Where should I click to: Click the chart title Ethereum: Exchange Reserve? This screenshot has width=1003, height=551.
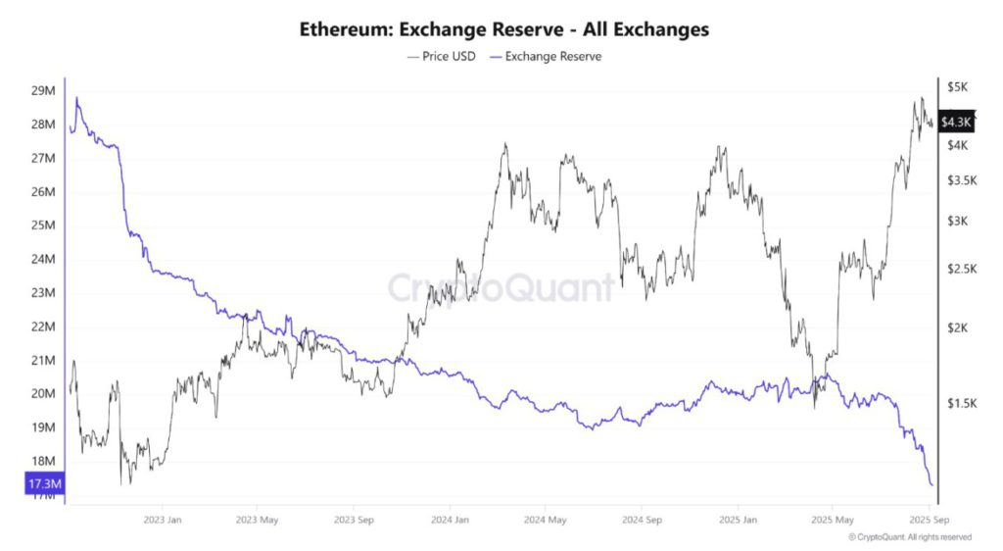point(503,29)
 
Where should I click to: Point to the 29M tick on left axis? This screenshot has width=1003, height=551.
point(43,91)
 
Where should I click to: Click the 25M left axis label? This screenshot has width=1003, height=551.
point(43,226)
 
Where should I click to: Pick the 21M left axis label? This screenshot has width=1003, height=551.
point(43,361)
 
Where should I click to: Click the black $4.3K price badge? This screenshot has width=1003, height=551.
point(955,122)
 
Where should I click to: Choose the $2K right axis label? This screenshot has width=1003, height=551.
point(956,327)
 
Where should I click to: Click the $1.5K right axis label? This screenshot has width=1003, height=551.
point(960,403)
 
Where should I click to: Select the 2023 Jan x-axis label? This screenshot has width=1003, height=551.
point(162,520)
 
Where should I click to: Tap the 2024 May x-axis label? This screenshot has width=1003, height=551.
point(545,520)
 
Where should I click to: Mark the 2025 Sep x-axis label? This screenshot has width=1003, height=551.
point(927,520)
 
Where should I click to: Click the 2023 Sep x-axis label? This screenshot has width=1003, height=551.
point(353,520)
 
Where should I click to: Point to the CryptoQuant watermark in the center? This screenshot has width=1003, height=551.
point(501,287)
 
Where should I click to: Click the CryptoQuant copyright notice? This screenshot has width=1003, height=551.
point(910,537)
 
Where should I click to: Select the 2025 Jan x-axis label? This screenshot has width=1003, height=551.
point(736,520)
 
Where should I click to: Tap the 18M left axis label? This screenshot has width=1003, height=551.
point(43,462)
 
